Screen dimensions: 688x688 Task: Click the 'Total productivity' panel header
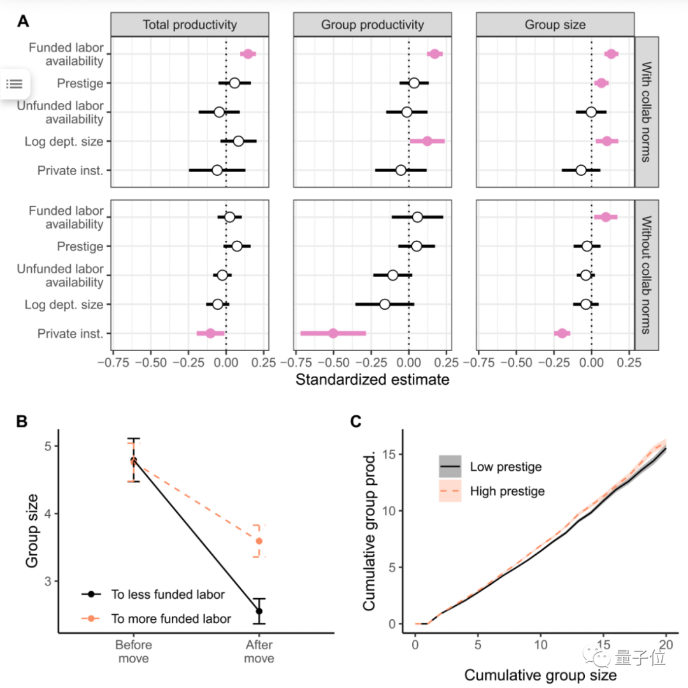189,25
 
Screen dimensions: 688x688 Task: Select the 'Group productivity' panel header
372,25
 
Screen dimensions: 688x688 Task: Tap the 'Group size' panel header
555,25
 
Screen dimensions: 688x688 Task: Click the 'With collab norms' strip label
646,112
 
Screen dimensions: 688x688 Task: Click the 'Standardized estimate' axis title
373,380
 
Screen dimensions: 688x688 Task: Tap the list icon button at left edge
15,83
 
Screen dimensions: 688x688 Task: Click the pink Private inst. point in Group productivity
333,333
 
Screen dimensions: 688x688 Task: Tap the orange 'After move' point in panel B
259,541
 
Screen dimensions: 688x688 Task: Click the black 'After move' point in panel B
259,611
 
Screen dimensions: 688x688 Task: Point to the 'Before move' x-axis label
134,652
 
